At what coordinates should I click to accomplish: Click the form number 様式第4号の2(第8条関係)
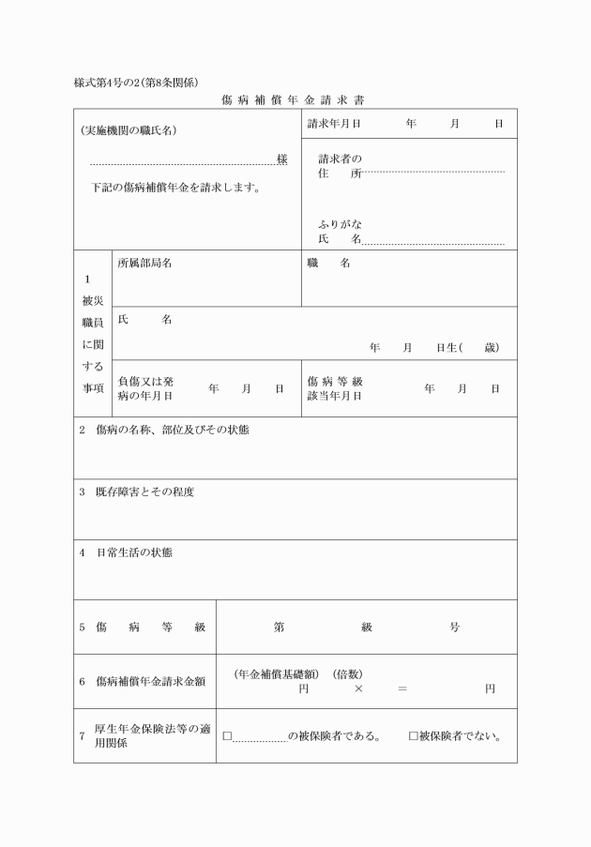[x=135, y=82]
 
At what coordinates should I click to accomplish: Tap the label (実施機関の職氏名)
[x=129, y=130]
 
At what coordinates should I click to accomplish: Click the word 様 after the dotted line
[x=282, y=159]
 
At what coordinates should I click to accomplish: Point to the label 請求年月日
[x=335, y=124]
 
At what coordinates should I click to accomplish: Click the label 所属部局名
[x=144, y=264]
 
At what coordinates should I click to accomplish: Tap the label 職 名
[x=328, y=264]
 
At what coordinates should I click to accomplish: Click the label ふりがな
[x=340, y=225]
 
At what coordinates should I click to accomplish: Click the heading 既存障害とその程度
[x=144, y=492]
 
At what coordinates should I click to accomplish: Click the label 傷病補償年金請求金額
[x=150, y=681]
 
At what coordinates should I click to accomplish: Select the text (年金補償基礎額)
[x=278, y=674]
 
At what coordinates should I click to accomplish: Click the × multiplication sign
[x=358, y=688]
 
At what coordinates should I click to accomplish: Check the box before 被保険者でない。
[x=413, y=735]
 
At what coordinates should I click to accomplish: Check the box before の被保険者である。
[x=227, y=735]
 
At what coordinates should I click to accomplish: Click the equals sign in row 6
[x=402, y=688]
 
